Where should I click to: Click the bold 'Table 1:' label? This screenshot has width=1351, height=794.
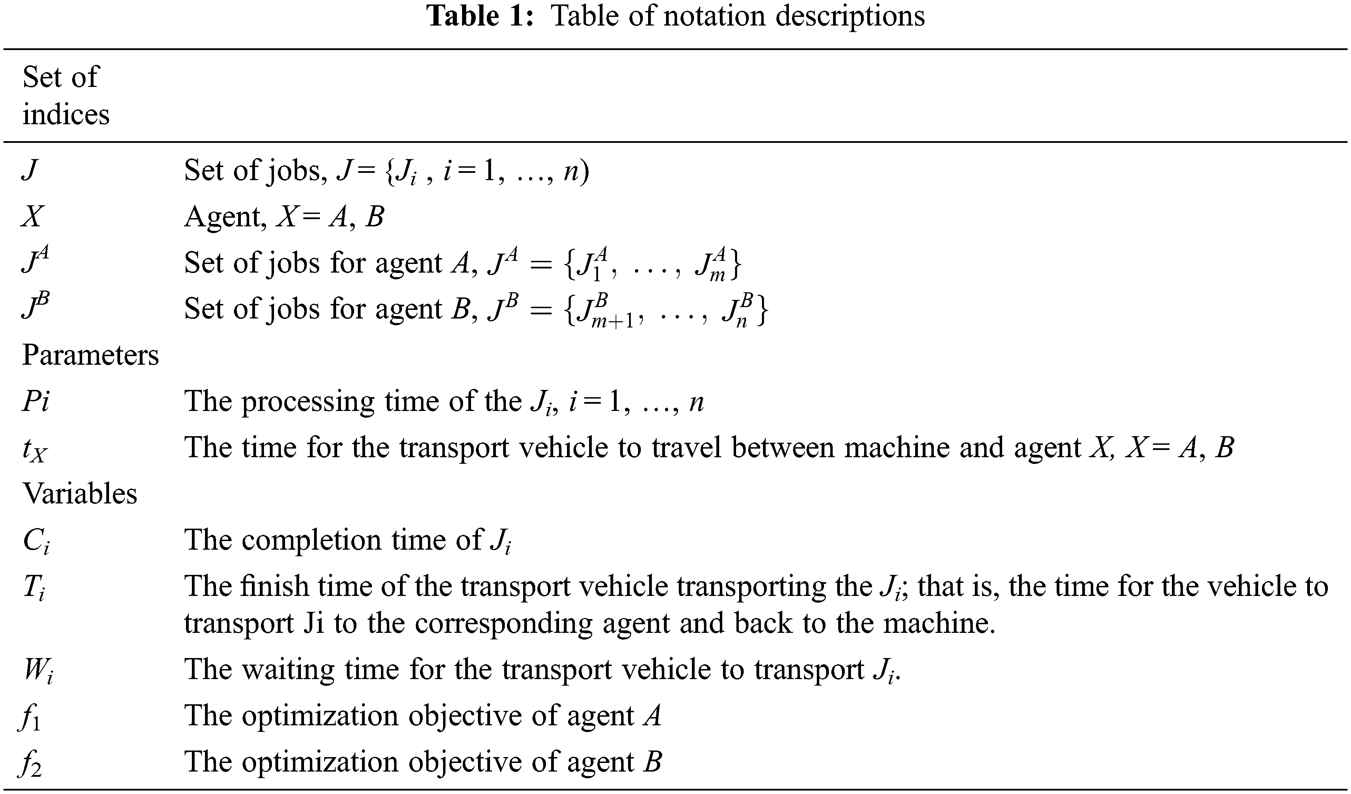[480, 16]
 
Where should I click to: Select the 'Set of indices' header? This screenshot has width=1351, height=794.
[66, 96]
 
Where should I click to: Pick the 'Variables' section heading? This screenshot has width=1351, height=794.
[80, 493]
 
